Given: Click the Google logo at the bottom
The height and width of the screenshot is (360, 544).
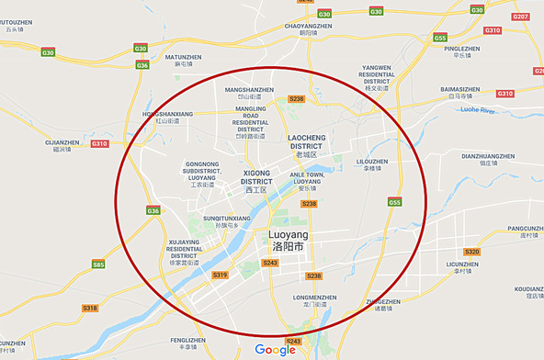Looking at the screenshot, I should click(x=275, y=350).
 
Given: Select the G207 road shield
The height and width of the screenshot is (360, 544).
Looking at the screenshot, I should click(x=520, y=17).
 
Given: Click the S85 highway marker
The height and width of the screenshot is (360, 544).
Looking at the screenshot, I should click(x=98, y=264).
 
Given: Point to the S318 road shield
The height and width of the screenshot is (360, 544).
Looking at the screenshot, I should click(x=89, y=308).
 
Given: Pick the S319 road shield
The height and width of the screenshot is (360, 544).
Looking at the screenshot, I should click(x=220, y=275).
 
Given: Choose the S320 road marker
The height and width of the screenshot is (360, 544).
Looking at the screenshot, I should click(x=472, y=252).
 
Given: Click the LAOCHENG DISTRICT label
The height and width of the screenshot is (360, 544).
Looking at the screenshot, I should click(x=306, y=141).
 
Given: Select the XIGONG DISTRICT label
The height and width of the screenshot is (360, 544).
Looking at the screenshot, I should click(x=257, y=176).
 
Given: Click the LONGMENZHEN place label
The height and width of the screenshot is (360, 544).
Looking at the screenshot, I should click(x=316, y=298).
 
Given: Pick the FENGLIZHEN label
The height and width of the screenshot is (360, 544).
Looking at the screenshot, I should click(x=187, y=340).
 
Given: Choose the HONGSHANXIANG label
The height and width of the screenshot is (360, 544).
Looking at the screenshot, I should click(x=167, y=114).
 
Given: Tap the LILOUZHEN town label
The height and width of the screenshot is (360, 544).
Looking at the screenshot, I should click(x=371, y=161).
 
